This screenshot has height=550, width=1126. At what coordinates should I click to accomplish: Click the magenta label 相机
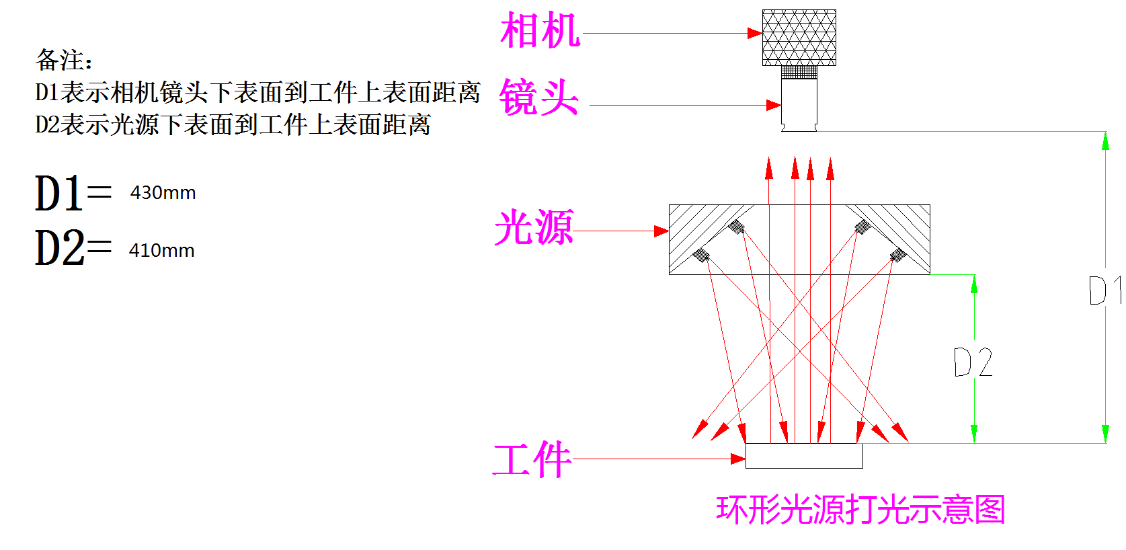click(540, 31)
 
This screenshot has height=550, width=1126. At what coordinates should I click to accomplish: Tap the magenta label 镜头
click(538, 97)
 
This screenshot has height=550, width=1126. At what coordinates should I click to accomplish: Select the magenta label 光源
click(534, 227)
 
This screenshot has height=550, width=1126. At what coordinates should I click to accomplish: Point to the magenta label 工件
click(532, 460)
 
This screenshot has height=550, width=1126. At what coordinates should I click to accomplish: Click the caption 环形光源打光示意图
click(860, 510)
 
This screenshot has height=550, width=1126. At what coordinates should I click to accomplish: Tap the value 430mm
click(163, 193)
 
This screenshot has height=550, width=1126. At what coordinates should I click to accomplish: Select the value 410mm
click(162, 251)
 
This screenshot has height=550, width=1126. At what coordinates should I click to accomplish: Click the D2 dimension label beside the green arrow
click(973, 362)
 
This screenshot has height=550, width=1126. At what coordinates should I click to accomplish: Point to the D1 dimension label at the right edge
click(1103, 290)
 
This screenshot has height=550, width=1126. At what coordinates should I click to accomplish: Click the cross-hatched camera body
click(799, 38)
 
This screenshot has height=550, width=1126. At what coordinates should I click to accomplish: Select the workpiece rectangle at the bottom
click(804, 456)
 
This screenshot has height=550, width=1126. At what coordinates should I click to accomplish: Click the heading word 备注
click(64, 61)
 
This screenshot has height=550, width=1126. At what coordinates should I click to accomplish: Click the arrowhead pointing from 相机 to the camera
click(756, 33)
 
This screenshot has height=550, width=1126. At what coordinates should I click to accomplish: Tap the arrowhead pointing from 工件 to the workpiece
click(738, 459)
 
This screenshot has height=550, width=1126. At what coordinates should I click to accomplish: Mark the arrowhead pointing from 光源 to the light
click(661, 231)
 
